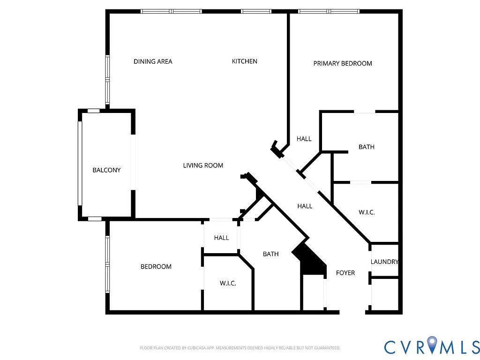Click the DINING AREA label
pyautogui.click(x=153, y=61)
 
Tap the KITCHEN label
pyautogui.click(x=245, y=61)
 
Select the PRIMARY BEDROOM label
pyautogui.click(x=343, y=63)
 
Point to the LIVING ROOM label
pyautogui.click(x=203, y=165)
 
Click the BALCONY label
pyautogui.click(x=106, y=170)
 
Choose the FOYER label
pyautogui.click(x=345, y=273)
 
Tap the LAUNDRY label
pyautogui.click(x=384, y=262)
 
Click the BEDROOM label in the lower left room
pyautogui.click(x=156, y=267)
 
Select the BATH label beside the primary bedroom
pyautogui.click(x=367, y=147)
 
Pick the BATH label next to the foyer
pyautogui.click(x=270, y=254)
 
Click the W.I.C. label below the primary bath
pyautogui.click(x=367, y=212)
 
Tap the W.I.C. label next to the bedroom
pyautogui.click(x=228, y=284)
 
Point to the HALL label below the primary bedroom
pyautogui.click(x=304, y=139)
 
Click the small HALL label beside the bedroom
pyautogui.click(x=221, y=238)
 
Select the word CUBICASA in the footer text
pyautogui.click(x=192, y=348)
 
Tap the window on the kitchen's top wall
pyautogui.click(x=256, y=11)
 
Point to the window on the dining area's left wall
pyautogui.click(x=107, y=80)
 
